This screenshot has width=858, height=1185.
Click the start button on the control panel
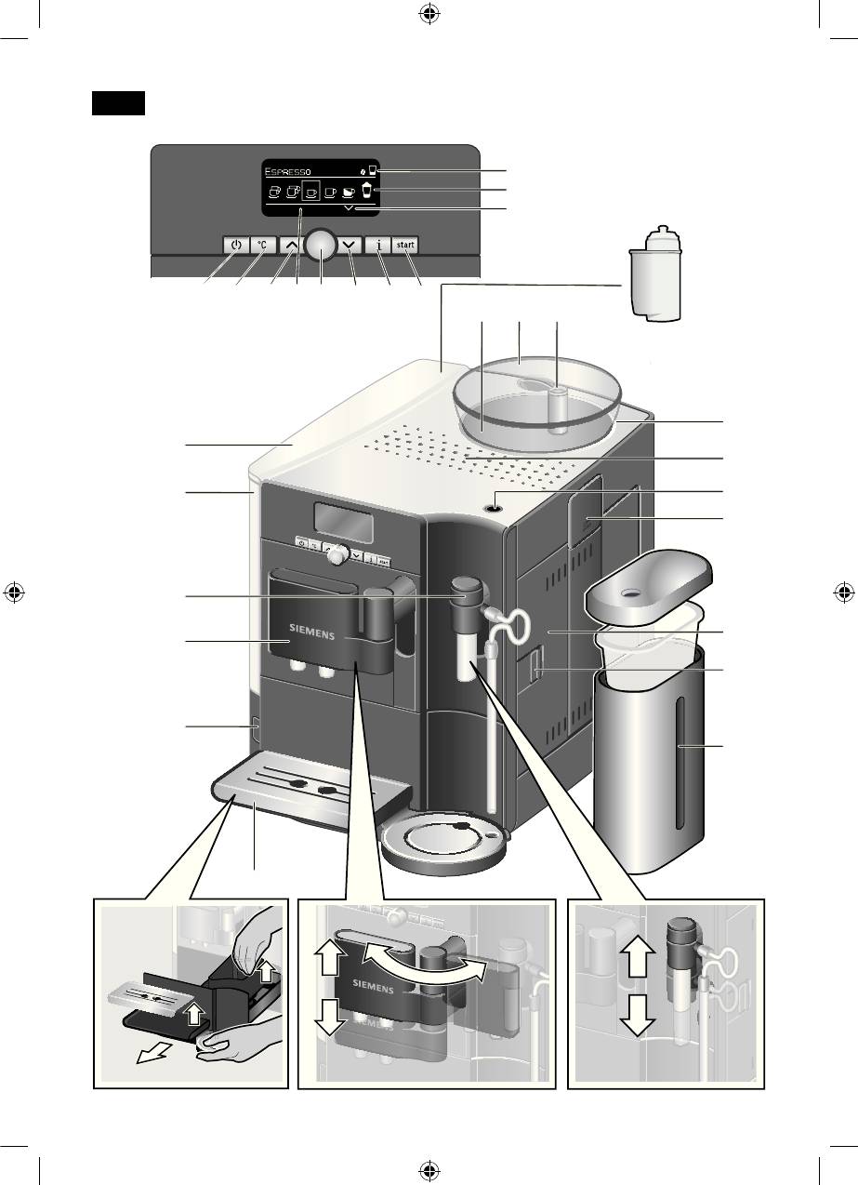(405, 245)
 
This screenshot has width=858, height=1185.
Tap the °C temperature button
(263, 246)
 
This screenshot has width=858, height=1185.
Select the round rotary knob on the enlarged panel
(322, 246)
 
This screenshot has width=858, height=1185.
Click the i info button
(378, 246)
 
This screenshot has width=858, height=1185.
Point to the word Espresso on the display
(287, 171)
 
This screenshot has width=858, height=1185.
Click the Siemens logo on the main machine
(312, 632)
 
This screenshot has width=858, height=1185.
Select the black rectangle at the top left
(118, 103)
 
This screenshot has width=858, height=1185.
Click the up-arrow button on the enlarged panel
(291, 246)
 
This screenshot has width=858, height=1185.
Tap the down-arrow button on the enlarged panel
(350, 246)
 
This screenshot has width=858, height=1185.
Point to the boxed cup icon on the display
(311, 191)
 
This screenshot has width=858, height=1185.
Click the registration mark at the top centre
(429, 15)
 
